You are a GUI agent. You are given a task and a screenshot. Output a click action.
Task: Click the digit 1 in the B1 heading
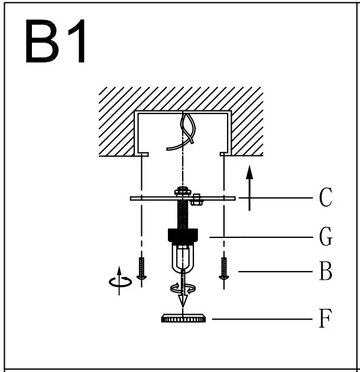77,43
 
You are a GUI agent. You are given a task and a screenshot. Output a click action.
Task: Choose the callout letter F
325,319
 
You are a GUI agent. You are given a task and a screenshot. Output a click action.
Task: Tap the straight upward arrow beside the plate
250,188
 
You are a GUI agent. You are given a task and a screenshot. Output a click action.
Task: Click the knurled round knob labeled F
183,319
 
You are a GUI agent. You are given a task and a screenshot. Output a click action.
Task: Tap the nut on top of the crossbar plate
183,191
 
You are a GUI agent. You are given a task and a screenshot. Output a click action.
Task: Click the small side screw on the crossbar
198,201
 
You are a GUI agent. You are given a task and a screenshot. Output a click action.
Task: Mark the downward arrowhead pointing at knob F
183,301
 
